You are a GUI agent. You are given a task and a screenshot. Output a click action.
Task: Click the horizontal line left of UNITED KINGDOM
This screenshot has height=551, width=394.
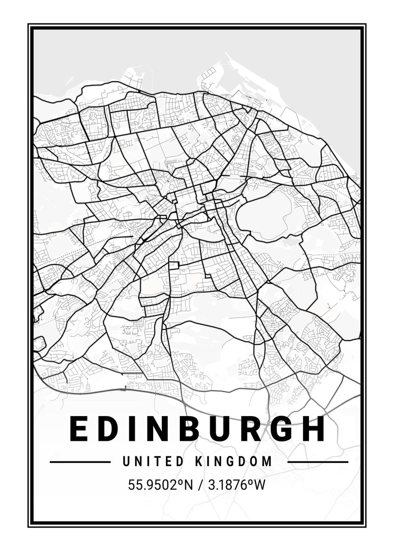(80, 461)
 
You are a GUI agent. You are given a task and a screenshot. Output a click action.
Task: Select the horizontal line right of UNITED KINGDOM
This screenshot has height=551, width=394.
(318, 461)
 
